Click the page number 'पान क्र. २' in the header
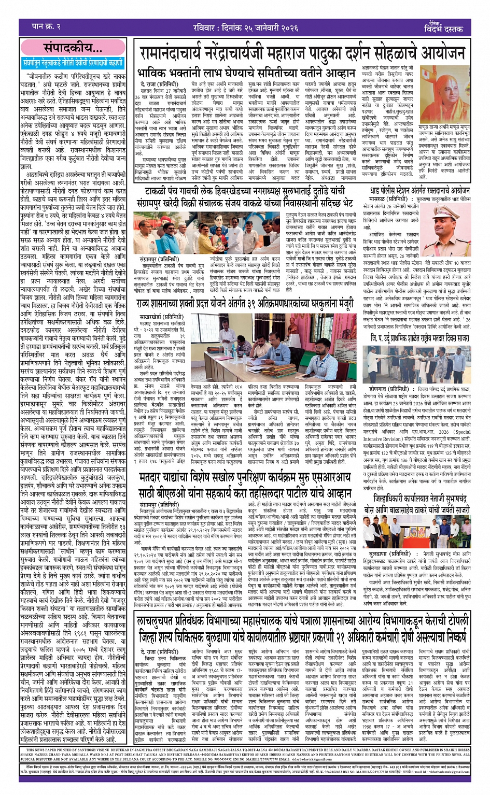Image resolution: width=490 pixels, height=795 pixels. (x=46, y=26)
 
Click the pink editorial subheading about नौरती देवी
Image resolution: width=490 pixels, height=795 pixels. (x=73, y=63)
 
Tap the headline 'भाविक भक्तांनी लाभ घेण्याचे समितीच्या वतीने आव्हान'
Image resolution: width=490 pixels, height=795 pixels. (x=247, y=73)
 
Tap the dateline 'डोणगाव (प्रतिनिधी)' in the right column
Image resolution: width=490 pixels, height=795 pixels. (x=389, y=388)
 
